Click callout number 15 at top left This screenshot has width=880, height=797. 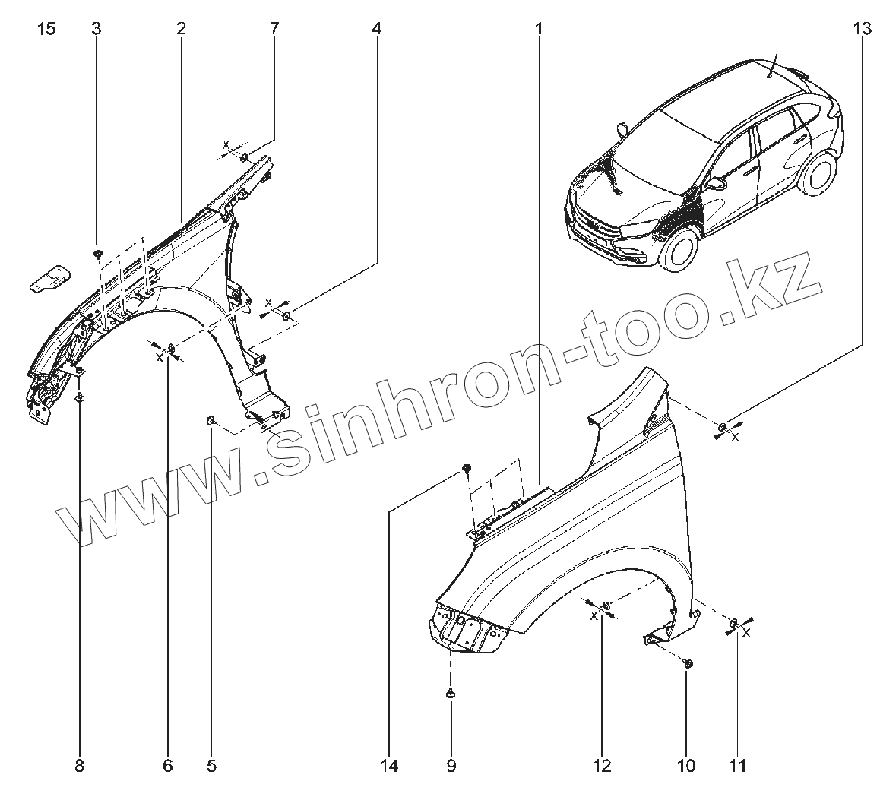[46, 29]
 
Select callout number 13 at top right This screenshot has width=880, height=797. [861, 29]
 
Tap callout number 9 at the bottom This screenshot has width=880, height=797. [451, 765]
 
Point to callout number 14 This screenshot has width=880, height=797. [390, 765]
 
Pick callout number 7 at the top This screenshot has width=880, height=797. [274, 29]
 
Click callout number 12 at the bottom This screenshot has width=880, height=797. [602, 765]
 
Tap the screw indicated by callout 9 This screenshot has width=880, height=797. [451, 693]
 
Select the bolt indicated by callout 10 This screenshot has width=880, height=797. [688, 664]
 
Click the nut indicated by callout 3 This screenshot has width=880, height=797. [98, 252]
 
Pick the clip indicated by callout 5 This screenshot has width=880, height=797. [211, 420]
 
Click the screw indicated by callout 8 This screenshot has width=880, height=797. [81, 397]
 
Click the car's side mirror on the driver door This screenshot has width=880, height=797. [717, 184]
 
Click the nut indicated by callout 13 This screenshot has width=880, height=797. [722, 426]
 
